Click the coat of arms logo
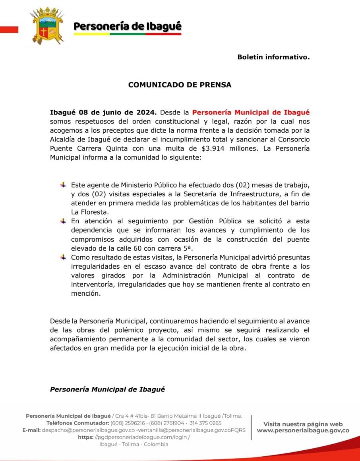pos(47,26)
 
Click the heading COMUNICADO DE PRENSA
pos(180,85)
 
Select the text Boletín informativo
pos(273,57)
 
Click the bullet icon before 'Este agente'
pos(63,185)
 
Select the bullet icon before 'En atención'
pos(63,221)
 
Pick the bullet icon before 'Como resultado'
pos(63,257)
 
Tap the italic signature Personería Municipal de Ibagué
pos(107,389)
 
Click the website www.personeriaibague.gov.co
pos(303,430)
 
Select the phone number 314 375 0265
pos(206,423)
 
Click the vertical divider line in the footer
pos(251,427)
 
